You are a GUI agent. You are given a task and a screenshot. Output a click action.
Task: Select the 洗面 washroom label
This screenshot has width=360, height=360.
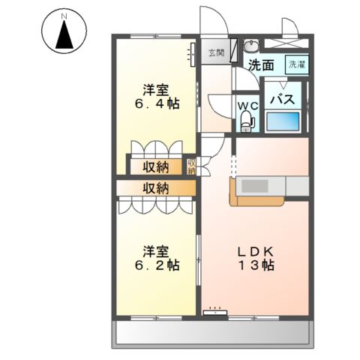click(x=262, y=64)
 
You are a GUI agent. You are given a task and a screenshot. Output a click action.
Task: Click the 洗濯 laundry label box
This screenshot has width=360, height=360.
click(x=298, y=64)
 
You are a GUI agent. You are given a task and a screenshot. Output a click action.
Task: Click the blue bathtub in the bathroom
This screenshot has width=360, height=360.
click(x=284, y=120)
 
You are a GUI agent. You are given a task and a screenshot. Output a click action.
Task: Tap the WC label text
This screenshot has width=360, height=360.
click(x=247, y=106)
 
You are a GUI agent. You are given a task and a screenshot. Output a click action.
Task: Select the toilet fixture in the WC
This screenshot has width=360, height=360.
click(x=249, y=121)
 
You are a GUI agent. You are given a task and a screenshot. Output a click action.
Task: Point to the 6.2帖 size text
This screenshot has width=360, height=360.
click(x=157, y=265)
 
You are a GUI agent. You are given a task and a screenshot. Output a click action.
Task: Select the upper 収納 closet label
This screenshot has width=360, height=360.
click(x=157, y=166)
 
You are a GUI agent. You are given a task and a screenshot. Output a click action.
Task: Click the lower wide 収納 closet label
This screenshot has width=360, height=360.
click(x=157, y=187)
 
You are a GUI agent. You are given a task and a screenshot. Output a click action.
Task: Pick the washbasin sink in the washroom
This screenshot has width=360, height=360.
click(x=253, y=43)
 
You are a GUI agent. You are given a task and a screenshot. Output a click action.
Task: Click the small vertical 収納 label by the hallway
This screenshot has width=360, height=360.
click(x=191, y=166)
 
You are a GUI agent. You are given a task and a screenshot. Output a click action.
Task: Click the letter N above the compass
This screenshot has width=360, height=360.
click(x=64, y=15)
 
